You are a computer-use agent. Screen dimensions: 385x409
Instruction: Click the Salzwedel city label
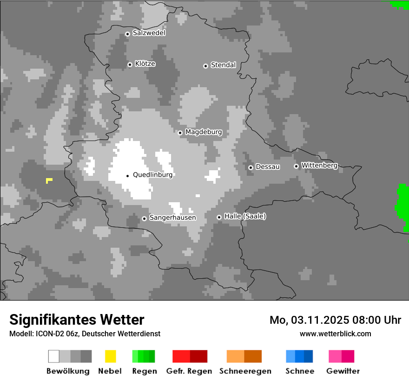(x=149, y=33)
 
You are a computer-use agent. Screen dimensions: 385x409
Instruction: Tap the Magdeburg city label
(x=204, y=132)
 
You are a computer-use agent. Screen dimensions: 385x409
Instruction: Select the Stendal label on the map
(x=223, y=65)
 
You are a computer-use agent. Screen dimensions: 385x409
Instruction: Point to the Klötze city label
(x=145, y=64)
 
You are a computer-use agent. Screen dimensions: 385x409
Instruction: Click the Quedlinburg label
(x=152, y=175)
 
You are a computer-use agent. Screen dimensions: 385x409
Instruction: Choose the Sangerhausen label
(x=172, y=218)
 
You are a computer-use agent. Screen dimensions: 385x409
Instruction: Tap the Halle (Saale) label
(x=245, y=216)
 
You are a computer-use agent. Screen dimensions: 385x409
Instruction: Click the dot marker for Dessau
(x=251, y=167)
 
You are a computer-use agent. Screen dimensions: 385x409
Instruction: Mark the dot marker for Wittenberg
(x=296, y=166)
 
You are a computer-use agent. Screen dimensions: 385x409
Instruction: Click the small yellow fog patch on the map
(x=49, y=180)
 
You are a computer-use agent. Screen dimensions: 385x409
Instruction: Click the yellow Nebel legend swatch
(x=110, y=356)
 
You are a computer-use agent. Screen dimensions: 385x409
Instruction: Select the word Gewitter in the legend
(x=343, y=371)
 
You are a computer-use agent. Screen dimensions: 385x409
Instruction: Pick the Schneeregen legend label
(x=245, y=371)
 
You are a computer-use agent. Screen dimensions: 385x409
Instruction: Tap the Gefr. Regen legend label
(x=189, y=371)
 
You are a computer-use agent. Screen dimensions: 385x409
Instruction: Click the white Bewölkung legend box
(x=53, y=356)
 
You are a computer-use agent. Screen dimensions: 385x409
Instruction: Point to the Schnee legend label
(x=299, y=371)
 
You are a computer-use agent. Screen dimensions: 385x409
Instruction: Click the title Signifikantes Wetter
(x=77, y=320)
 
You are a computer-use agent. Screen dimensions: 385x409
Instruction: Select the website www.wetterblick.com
(x=335, y=334)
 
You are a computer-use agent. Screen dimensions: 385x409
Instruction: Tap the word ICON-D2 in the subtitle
(x=47, y=334)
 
